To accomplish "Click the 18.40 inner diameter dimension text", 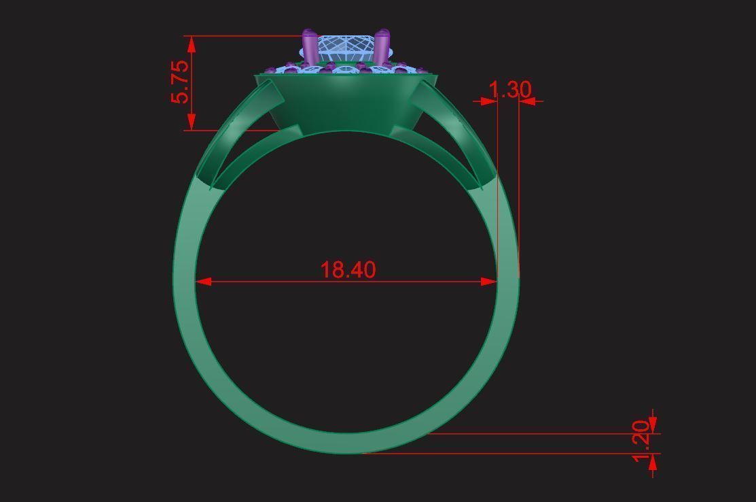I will [x=348, y=269].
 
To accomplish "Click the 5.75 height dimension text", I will [x=180, y=82].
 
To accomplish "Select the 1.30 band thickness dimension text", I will [x=509, y=89].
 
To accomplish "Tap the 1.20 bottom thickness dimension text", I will [x=641, y=441].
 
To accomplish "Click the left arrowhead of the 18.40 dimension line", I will [x=202, y=281].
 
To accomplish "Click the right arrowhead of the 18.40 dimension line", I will [x=490, y=281].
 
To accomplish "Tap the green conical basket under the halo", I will [x=345, y=102].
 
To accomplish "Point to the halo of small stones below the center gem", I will [x=345, y=69].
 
